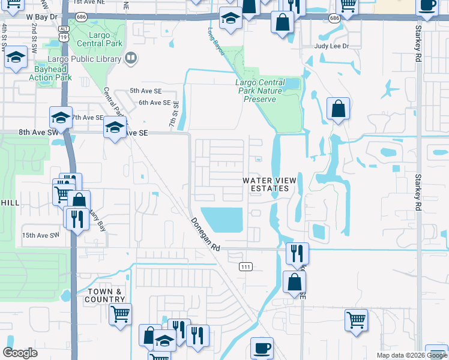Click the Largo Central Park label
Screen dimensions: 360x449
click(x=100, y=39)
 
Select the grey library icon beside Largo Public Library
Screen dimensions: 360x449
click(x=131, y=58)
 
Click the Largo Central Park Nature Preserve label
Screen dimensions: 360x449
click(x=260, y=91)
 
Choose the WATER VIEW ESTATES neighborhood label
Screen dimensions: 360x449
click(x=266, y=184)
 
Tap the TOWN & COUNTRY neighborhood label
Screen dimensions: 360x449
click(x=104, y=295)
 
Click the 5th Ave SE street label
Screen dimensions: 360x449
click(x=146, y=91)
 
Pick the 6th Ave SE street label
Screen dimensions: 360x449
click(x=154, y=103)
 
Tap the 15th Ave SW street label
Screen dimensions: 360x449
click(x=40, y=235)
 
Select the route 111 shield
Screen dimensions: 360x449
click(x=245, y=266)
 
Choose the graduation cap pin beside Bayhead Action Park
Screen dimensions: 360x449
click(x=16, y=59)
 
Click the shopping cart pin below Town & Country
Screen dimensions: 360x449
click(x=121, y=313)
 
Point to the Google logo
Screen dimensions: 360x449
click(x=20, y=353)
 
